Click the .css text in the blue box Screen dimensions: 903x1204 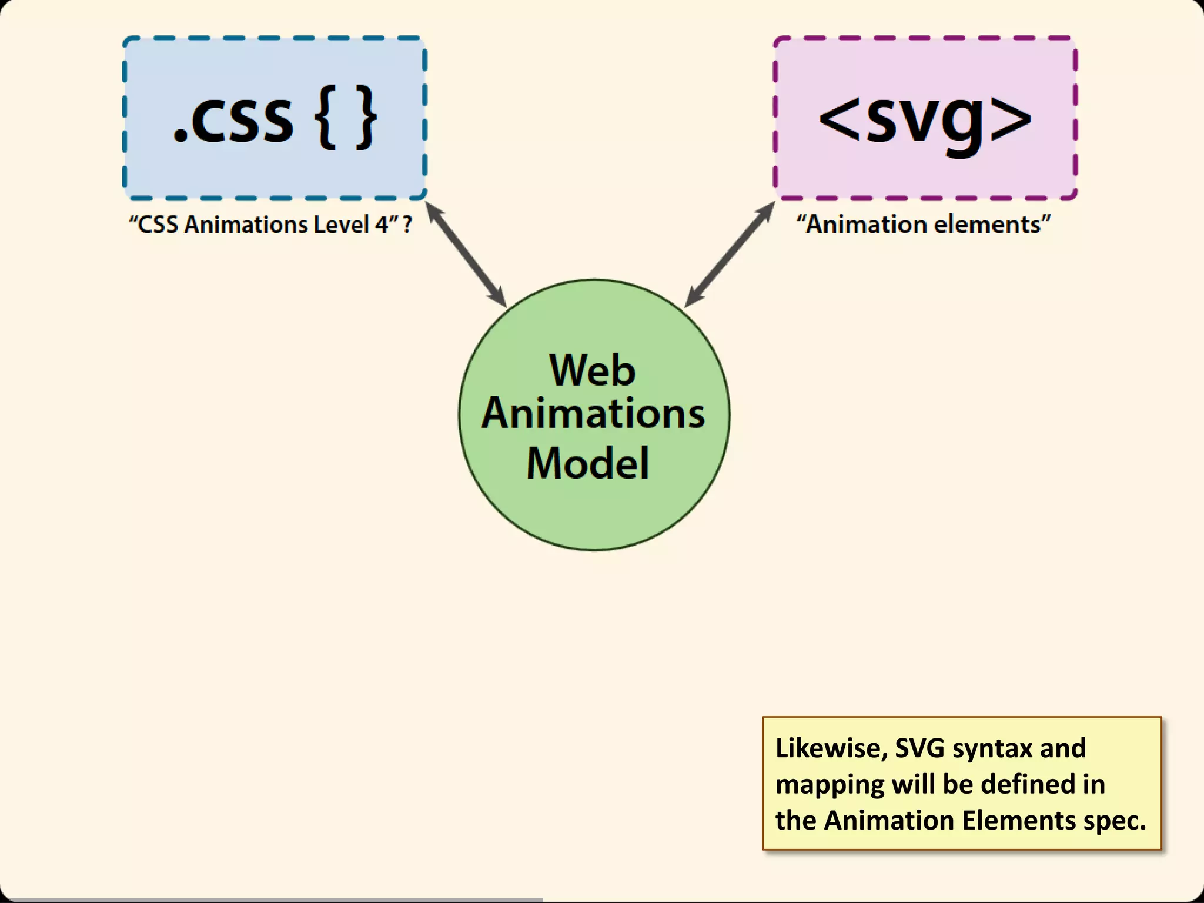(x=233, y=119)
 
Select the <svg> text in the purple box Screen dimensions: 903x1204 (x=925, y=119)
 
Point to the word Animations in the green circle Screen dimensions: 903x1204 (x=593, y=414)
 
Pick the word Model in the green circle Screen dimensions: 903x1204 (x=588, y=463)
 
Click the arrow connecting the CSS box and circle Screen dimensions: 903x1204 (x=466, y=254)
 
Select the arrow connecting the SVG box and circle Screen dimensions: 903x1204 (x=730, y=254)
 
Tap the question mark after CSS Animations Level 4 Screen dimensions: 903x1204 (x=407, y=225)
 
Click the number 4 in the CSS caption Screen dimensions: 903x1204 (x=381, y=225)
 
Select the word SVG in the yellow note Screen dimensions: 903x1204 (x=919, y=748)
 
